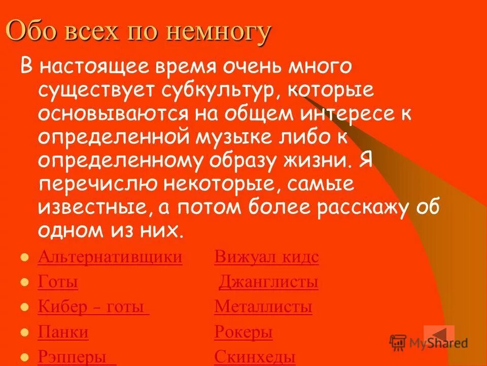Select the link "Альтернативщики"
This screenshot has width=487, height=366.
(x=110, y=257)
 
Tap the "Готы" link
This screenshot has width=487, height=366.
(x=58, y=282)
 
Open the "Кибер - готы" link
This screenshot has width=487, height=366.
(x=93, y=307)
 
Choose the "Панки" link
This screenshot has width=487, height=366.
(x=63, y=332)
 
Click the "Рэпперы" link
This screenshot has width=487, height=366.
(x=76, y=357)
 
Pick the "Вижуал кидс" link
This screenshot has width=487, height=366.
(x=266, y=257)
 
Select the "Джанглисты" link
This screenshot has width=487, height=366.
(x=268, y=282)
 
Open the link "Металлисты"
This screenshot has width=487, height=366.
(x=263, y=307)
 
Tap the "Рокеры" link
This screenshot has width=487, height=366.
(x=243, y=332)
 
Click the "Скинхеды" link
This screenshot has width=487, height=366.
(x=255, y=357)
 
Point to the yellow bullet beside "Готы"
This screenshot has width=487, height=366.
(x=23, y=283)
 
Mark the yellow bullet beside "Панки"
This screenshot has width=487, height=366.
(x=23, y=333)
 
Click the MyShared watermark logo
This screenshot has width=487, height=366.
(x=429, y=343)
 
